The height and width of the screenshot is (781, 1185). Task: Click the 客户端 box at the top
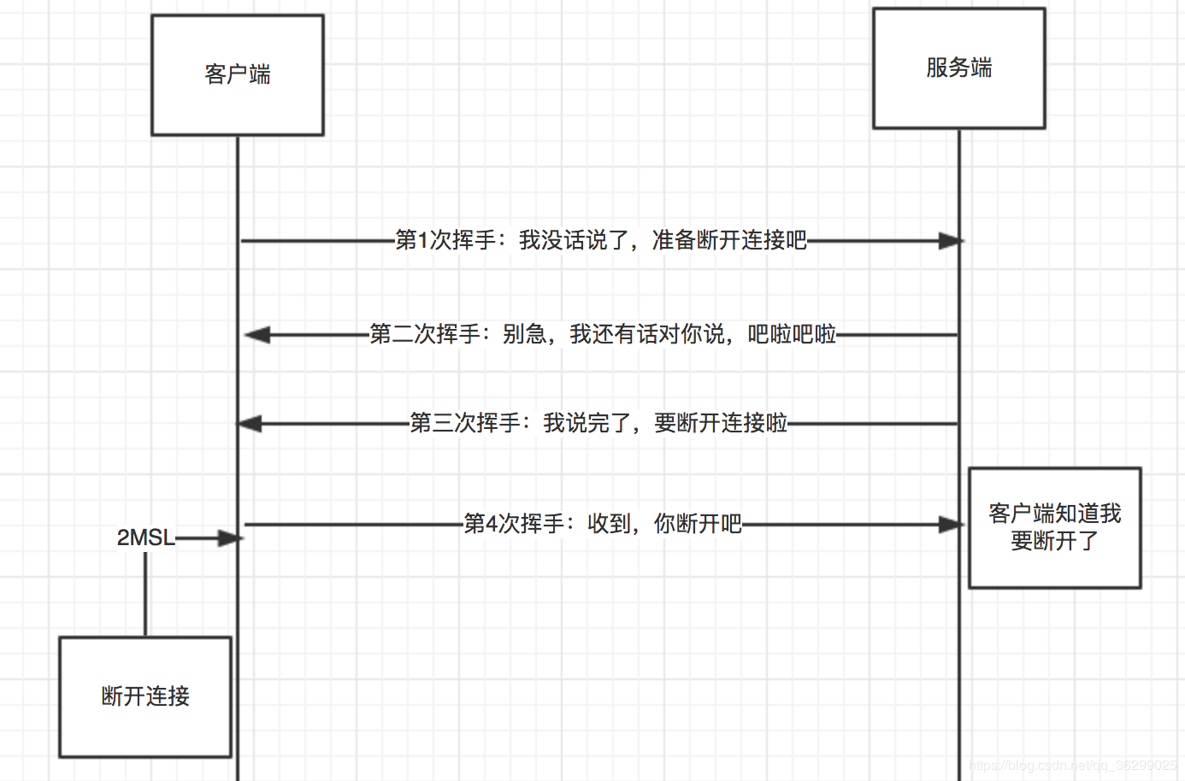pyautogui.click(x=238, y=75)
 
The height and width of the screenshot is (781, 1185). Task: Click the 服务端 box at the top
pyautogui.click(x=958, y=68)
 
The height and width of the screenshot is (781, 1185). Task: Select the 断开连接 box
pyautogui.click(x=145, y=696)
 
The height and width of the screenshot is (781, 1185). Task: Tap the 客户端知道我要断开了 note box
pyautogui.click(x=1054, y=527)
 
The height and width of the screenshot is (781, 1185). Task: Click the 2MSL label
pyautogui.click(x=145, y=537)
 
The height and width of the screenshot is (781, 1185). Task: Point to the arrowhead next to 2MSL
pyautogui.click(x=230, y=538)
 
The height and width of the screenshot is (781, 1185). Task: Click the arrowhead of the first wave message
pyautogui.click(x=951, y=241)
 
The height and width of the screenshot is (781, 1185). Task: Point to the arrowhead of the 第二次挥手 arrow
pyautogui.click(x=257, y=335)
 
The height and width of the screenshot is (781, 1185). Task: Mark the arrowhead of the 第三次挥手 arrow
pyautogui.click(x=250, y=424)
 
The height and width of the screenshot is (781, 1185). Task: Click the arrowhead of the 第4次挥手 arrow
pyautogui.click(x=951, y=525)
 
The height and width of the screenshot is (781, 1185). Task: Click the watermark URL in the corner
pyautogui.click(x=1073, y=766)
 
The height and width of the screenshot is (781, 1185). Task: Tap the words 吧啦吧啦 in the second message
pyautogui.click(x=792, y=334)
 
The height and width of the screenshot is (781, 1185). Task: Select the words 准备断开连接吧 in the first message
pyautogui.click(x=729, y=241)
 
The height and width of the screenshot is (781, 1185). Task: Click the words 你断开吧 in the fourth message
pyautogui.click(x=698, y=524)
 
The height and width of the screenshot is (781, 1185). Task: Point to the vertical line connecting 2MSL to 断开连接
pyautogui.click(x=145, y=594)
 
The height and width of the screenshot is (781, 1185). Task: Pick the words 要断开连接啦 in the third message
pyautogui.click(x=721, y=423)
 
